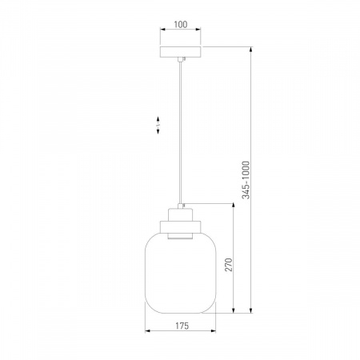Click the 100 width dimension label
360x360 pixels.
181,24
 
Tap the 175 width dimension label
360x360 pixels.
182,326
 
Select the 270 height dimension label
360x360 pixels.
229,265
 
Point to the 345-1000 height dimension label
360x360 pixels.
246,180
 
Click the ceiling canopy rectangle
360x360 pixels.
181,52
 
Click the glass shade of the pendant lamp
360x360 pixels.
181,273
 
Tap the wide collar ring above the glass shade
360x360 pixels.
180,226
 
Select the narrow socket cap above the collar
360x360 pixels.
180,214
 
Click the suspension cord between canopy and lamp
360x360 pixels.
181,133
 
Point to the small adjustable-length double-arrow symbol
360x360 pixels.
158,125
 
